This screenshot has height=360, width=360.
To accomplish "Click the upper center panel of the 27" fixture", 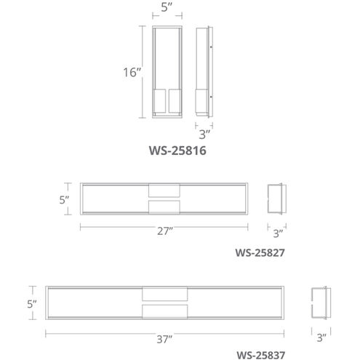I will click(x=163, y=191).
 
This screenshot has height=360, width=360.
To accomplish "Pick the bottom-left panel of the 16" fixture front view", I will click(x=159, y=102).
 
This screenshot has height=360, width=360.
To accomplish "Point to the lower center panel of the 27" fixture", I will click(x=163, y=207).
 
